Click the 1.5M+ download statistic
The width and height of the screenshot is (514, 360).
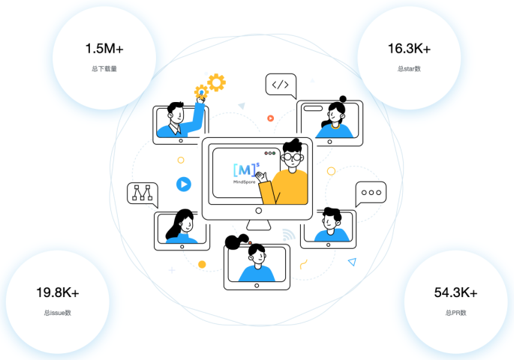(x=104, y=49)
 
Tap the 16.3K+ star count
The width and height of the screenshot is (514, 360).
(x=409, y=49)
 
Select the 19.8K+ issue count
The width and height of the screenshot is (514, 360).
(x=58, y=292)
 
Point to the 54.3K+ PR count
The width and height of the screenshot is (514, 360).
(x=455, y=292)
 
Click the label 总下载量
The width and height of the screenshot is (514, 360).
(x=104, y=69)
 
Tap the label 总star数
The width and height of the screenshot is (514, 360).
(x=409, y=69)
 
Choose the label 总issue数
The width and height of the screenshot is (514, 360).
(x=58, y=312)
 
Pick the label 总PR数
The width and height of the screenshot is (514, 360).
(x=455, y=312)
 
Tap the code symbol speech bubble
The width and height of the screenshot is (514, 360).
(x=280, y=85)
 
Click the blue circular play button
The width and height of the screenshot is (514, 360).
(x=183, y=184)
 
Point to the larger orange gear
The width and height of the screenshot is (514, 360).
(x=216, y=82)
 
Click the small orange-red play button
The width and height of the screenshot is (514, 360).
(x=270, y=118)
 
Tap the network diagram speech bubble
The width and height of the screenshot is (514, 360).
(x=142, y=193)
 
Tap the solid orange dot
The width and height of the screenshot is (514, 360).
(x=202, y=264)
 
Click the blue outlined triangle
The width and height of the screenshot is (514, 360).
(x=352, y=262)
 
